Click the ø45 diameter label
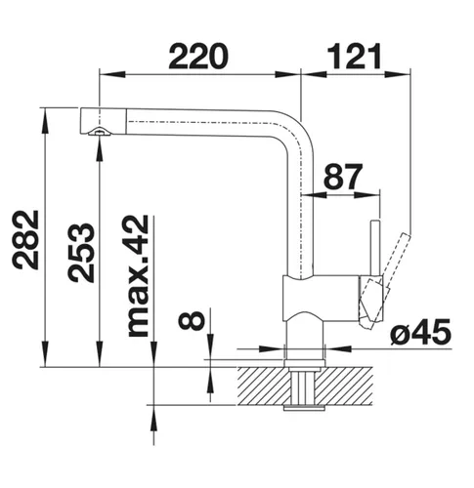420,333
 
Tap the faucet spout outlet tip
98,132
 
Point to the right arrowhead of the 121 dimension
405,73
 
